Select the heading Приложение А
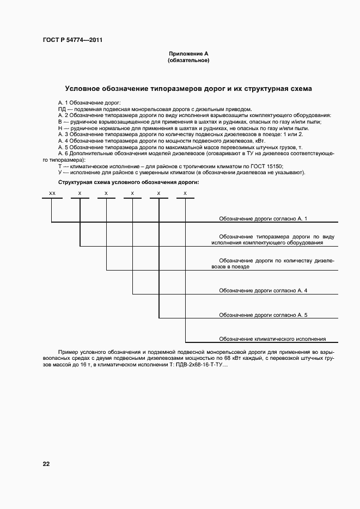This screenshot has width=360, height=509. tap(188, 54)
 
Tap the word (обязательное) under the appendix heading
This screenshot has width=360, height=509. tap(188, 60)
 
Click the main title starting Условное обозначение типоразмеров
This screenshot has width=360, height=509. tap(188, 88)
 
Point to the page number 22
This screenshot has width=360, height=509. tap(46, 464)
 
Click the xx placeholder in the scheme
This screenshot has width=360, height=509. tap(52, 193)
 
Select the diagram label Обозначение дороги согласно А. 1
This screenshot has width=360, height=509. tap(263, 218)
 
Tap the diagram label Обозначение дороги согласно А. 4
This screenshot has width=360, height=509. tap(263, 291)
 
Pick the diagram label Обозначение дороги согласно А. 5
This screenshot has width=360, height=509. tap(263, 315)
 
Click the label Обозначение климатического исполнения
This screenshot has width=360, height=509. tap(272, 339)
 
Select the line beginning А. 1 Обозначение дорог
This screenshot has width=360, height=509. tap(90, 103)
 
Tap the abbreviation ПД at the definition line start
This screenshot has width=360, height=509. tap(62, 109)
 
